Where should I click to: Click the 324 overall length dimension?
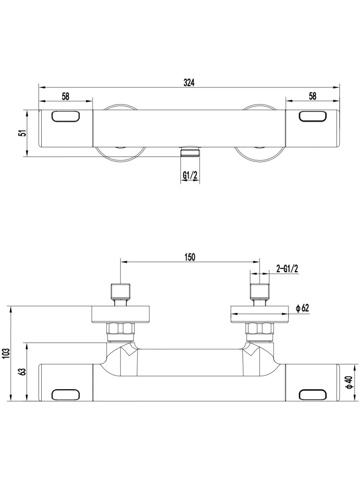pos(189,83)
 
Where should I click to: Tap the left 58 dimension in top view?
pos(65,96)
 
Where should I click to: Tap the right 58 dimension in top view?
pos(312,96)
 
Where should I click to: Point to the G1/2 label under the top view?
pos(190,175)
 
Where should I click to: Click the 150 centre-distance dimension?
pos(190,257)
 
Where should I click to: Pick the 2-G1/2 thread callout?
pos(287,269)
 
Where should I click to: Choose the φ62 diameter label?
pos(302,308)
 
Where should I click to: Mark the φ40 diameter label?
pos(349,383)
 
